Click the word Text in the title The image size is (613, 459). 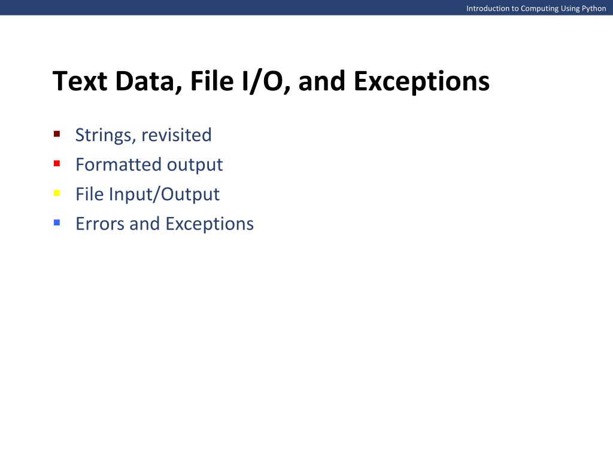click(x=80, y=81)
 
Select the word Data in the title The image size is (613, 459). click(x=148, y=82)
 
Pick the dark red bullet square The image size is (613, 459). click(x=57, y=134)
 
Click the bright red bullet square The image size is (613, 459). click(x=57, y=164)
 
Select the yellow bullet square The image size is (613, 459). click(x=57, y=193)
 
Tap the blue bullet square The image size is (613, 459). click(x=57, y=222)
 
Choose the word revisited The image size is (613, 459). click(x=177, y=135)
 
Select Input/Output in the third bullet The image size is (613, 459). click(x=164, y=195)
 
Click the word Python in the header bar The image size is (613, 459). click(x=594, y=8)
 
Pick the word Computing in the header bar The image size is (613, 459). click(x=539, y=8)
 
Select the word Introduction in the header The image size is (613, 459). click(x=488, y=8)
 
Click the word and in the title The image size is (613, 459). click(x=322, y=81)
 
